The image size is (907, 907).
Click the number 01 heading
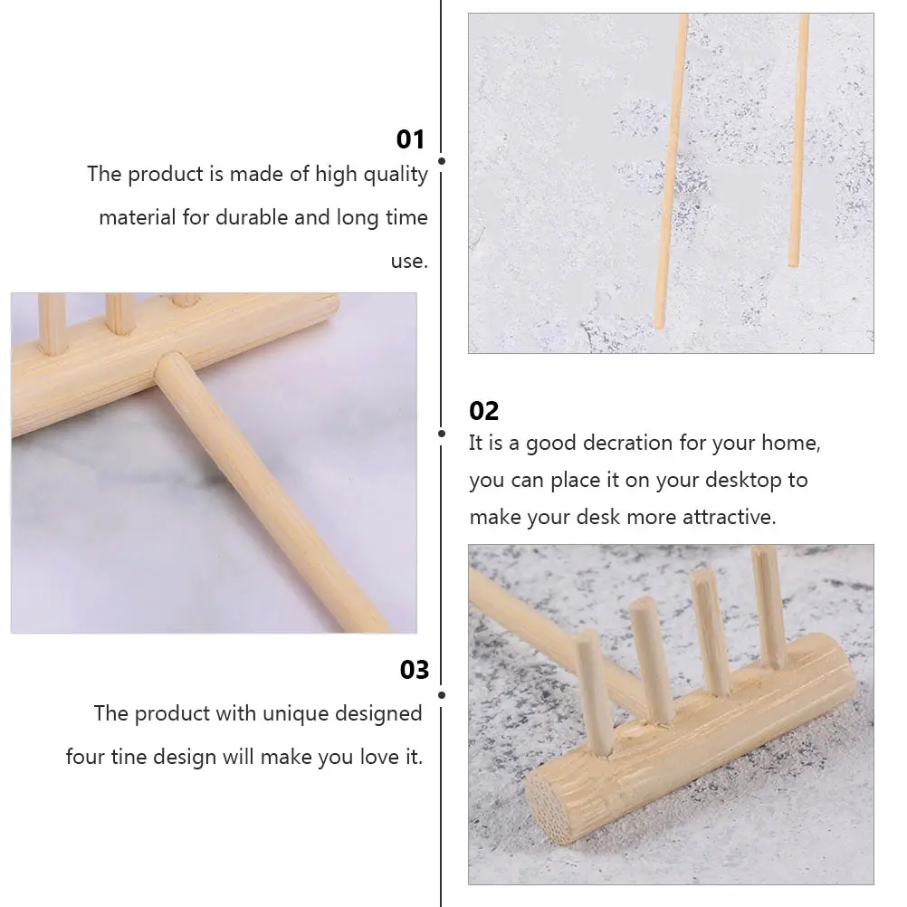pos(410,139)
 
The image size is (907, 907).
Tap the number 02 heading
pos(484,411)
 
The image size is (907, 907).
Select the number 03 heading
pos(414,670)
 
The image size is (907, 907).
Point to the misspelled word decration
pos(640,444)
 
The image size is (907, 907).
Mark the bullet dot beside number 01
pos(441,161)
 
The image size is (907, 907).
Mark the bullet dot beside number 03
pos(441,695)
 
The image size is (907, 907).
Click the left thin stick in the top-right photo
pos(671,172)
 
